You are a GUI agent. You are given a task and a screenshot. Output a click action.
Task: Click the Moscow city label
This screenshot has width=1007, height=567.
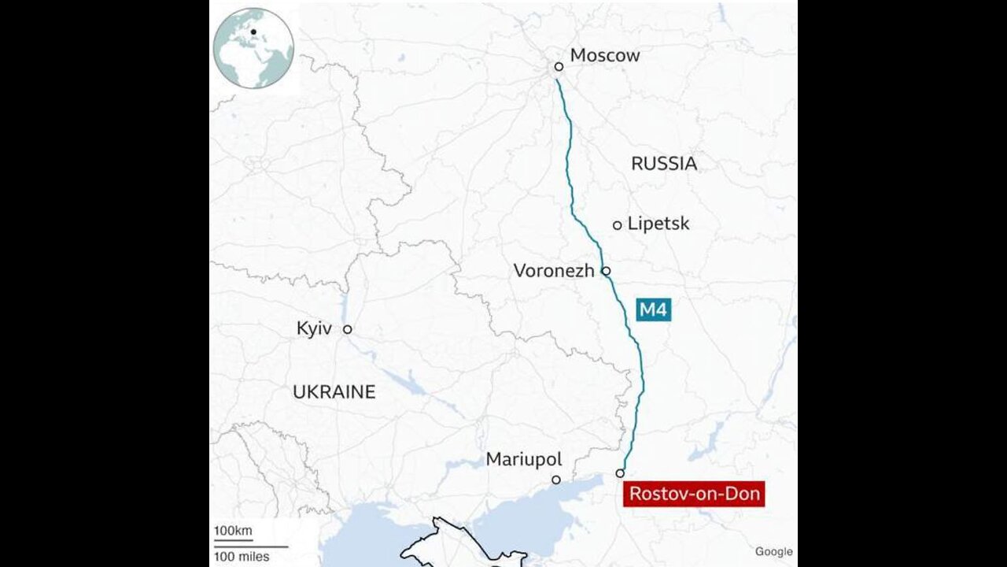tap(604, 55)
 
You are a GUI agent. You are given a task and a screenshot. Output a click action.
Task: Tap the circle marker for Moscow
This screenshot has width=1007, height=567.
tap(559, 67)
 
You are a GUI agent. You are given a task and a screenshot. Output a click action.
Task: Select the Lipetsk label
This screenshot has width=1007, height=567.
tap(658, 224)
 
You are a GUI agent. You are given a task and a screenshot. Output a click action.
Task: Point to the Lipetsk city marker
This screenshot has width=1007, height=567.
tap(618, 225)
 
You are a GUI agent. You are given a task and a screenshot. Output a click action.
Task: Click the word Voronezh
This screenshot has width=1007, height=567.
tap(554, 271)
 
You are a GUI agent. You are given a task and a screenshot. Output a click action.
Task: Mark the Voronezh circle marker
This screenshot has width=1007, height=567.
tap(606, 271)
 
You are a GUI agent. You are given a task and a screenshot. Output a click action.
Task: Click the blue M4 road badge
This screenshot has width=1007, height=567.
tap(653, 310)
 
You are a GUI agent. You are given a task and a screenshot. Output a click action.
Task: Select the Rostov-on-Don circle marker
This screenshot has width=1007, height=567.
tap(620, 473)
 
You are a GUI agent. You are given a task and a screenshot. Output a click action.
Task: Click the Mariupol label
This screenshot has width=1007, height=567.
tap(523, 459)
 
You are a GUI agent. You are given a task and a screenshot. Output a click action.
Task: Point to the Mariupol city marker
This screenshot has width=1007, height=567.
tap(556, 480)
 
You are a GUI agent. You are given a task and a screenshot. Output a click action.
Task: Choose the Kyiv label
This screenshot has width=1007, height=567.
tap(314, 329)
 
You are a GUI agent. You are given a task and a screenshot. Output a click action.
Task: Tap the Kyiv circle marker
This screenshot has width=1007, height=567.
tap(347, 330)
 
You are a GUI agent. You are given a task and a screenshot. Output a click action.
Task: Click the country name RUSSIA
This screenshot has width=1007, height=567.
tap(664, 164)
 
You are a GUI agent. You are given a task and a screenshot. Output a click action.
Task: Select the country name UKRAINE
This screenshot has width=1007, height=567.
tap(334, 392)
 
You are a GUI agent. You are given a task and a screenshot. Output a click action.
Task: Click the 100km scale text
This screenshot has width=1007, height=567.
tap(233, 531)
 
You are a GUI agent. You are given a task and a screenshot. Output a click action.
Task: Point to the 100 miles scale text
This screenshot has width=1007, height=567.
tap(242, 557)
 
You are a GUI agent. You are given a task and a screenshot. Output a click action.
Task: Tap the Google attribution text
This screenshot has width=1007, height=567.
tap(773, 552)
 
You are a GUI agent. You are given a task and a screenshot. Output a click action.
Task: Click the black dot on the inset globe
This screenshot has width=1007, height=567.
tap(253, 32)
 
